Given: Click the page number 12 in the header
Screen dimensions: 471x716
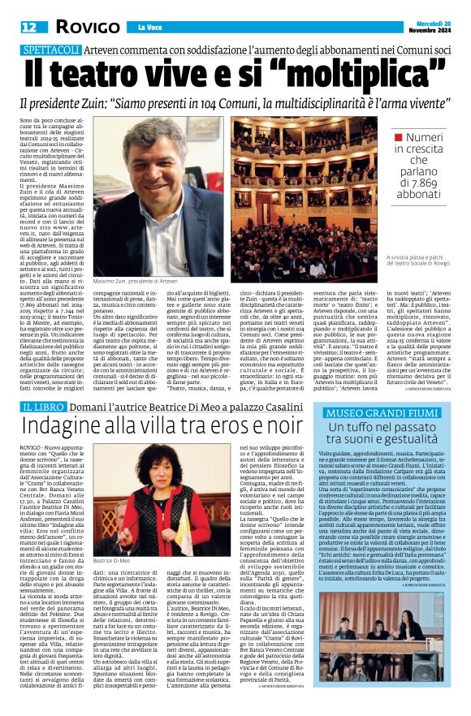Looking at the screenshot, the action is [x=28, y=27].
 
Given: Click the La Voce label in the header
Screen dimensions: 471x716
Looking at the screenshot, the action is [x=149, y=28].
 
